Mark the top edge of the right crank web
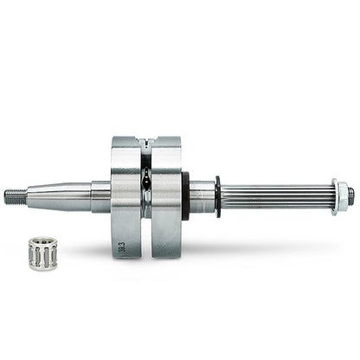[165, 138]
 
